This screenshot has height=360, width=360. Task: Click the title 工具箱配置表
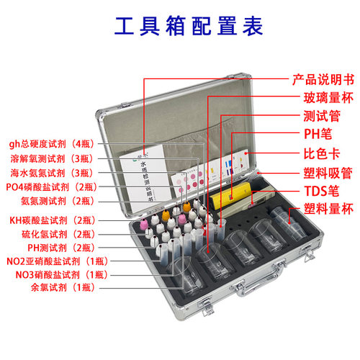pyautogui.click(x=189, y=26)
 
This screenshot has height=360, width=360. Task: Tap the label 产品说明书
pyautogui.click(x=323, y=80)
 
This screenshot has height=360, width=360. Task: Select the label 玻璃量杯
pyautogui.click(x=328, y=98)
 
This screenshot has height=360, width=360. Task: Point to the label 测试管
pyautogui.click(x=322, y=116)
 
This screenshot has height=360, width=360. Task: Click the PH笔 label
pyautogui.click(x=318, y=134)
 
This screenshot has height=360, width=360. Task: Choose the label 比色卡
pyautogui.click(x=322, y=153)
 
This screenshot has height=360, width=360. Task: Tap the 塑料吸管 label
pyautogui.click(x=328, y=173)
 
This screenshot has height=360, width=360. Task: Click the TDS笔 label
pyautogui.click(x=322, y=192)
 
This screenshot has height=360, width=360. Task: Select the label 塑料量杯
pyautogui.click(x=328, y=209)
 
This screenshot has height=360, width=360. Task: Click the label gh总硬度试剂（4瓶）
pyautogui.click(x=51, y=144)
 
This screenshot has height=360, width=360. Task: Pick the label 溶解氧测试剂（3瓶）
pyautogui.click(x=52, y=158)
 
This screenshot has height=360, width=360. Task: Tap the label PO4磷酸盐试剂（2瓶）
pyautogui.click(x=51, y=187)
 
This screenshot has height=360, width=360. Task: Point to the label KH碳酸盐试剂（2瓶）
pyautogui.click(x=53, y=220)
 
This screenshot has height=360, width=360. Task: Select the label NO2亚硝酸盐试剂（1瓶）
pyautogui.click(x=57, y=261)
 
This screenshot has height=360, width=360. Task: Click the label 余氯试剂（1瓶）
pyautogui.click(x=63, y=287)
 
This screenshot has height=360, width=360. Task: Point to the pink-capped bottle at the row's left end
pyautogui.click(x=144, y=223)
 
